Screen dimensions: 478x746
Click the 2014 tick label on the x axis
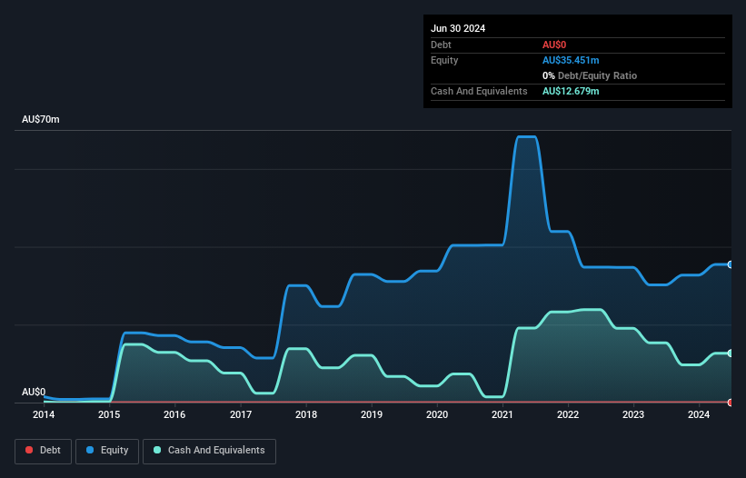44,414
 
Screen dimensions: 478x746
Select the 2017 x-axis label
241,414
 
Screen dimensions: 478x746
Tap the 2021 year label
502,414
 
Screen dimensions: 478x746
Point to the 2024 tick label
699,414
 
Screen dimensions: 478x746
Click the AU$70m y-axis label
41,120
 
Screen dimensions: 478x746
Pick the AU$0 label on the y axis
34,392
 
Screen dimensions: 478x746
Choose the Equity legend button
107,451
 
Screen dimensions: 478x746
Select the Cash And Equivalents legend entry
209,451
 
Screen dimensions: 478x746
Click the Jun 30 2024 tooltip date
458,28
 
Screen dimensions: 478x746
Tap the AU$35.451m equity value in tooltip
571,60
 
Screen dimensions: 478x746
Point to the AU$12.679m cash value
571,91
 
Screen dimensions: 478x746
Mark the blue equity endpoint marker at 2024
731,264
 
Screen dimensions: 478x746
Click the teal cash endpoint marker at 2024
731,353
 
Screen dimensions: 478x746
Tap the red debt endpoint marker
731,402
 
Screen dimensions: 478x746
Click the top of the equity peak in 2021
526,137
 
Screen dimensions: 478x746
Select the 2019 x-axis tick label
372,414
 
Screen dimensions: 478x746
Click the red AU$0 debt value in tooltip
555,45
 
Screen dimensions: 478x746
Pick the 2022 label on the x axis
568,414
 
